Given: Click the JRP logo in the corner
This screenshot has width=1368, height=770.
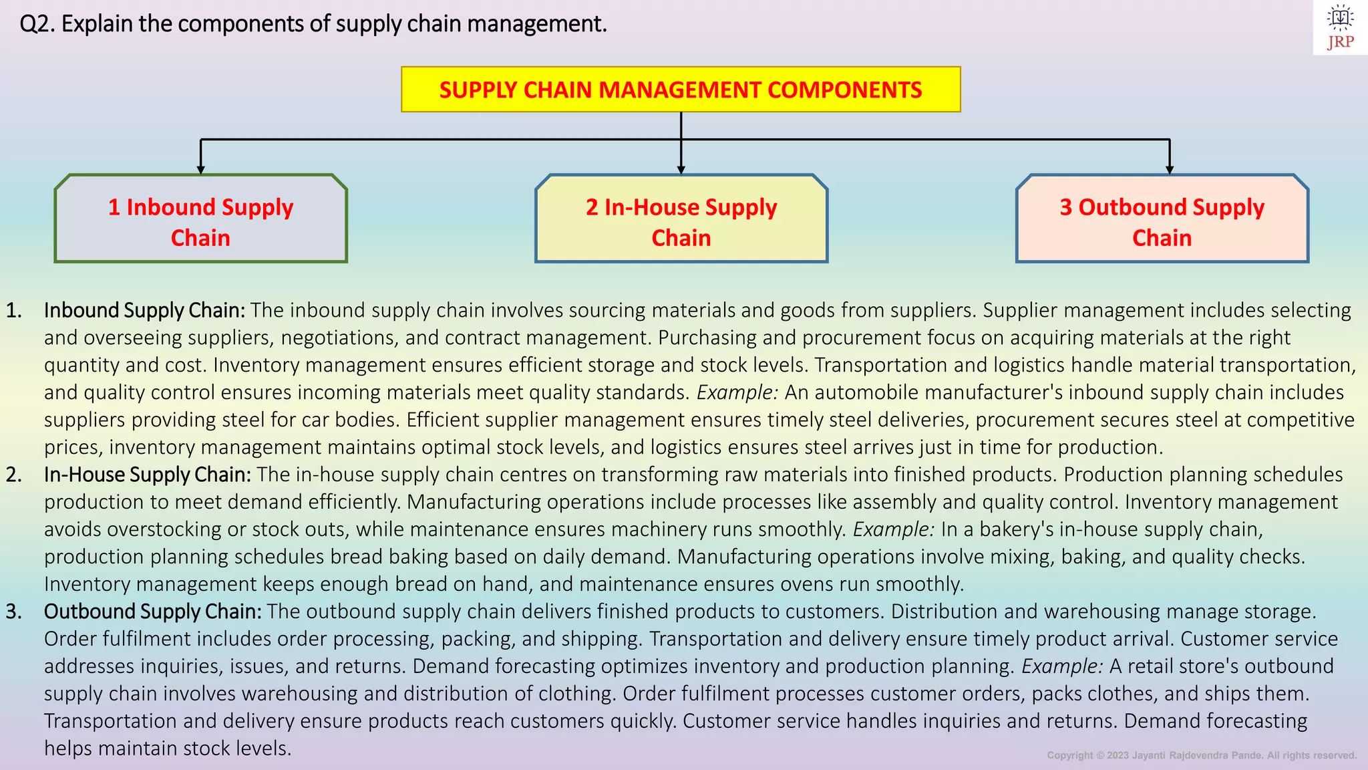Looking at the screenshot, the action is pyautogui.click(x=1340, y=27).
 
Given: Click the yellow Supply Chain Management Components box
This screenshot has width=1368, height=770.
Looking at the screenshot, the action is pyautogui.click(x=681, y=90).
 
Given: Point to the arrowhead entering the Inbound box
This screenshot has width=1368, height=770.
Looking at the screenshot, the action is pyautogui.click(x=200, y=170).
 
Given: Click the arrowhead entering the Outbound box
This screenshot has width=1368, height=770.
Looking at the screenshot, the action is pyautogui.click(x=1169, y=170).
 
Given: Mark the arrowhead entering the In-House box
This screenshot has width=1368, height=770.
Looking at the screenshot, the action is pyautogui.click(x=681, y=170).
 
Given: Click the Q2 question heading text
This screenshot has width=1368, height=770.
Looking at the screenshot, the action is pyautogui.click(x=313, y=24).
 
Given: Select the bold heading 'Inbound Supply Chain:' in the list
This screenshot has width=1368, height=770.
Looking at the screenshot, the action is pyautogui.click(x=144, y=310).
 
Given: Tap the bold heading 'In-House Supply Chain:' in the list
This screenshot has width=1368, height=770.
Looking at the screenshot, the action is pyautogui.click(x=147, y=475).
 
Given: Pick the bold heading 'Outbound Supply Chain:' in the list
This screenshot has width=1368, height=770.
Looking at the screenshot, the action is pyautogui.click(x=152, y=612).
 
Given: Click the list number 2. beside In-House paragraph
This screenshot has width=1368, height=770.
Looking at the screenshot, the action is pyautogui.click(x=14, y=475).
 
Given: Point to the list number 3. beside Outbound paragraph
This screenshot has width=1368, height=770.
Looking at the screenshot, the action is pyautogui.click(x=14, y=612).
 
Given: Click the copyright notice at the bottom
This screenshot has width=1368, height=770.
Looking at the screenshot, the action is pyautogui.click(x=1201, y=755).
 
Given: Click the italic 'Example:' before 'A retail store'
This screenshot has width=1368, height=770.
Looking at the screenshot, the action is pyautogui.click(x=1062, y=666).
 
